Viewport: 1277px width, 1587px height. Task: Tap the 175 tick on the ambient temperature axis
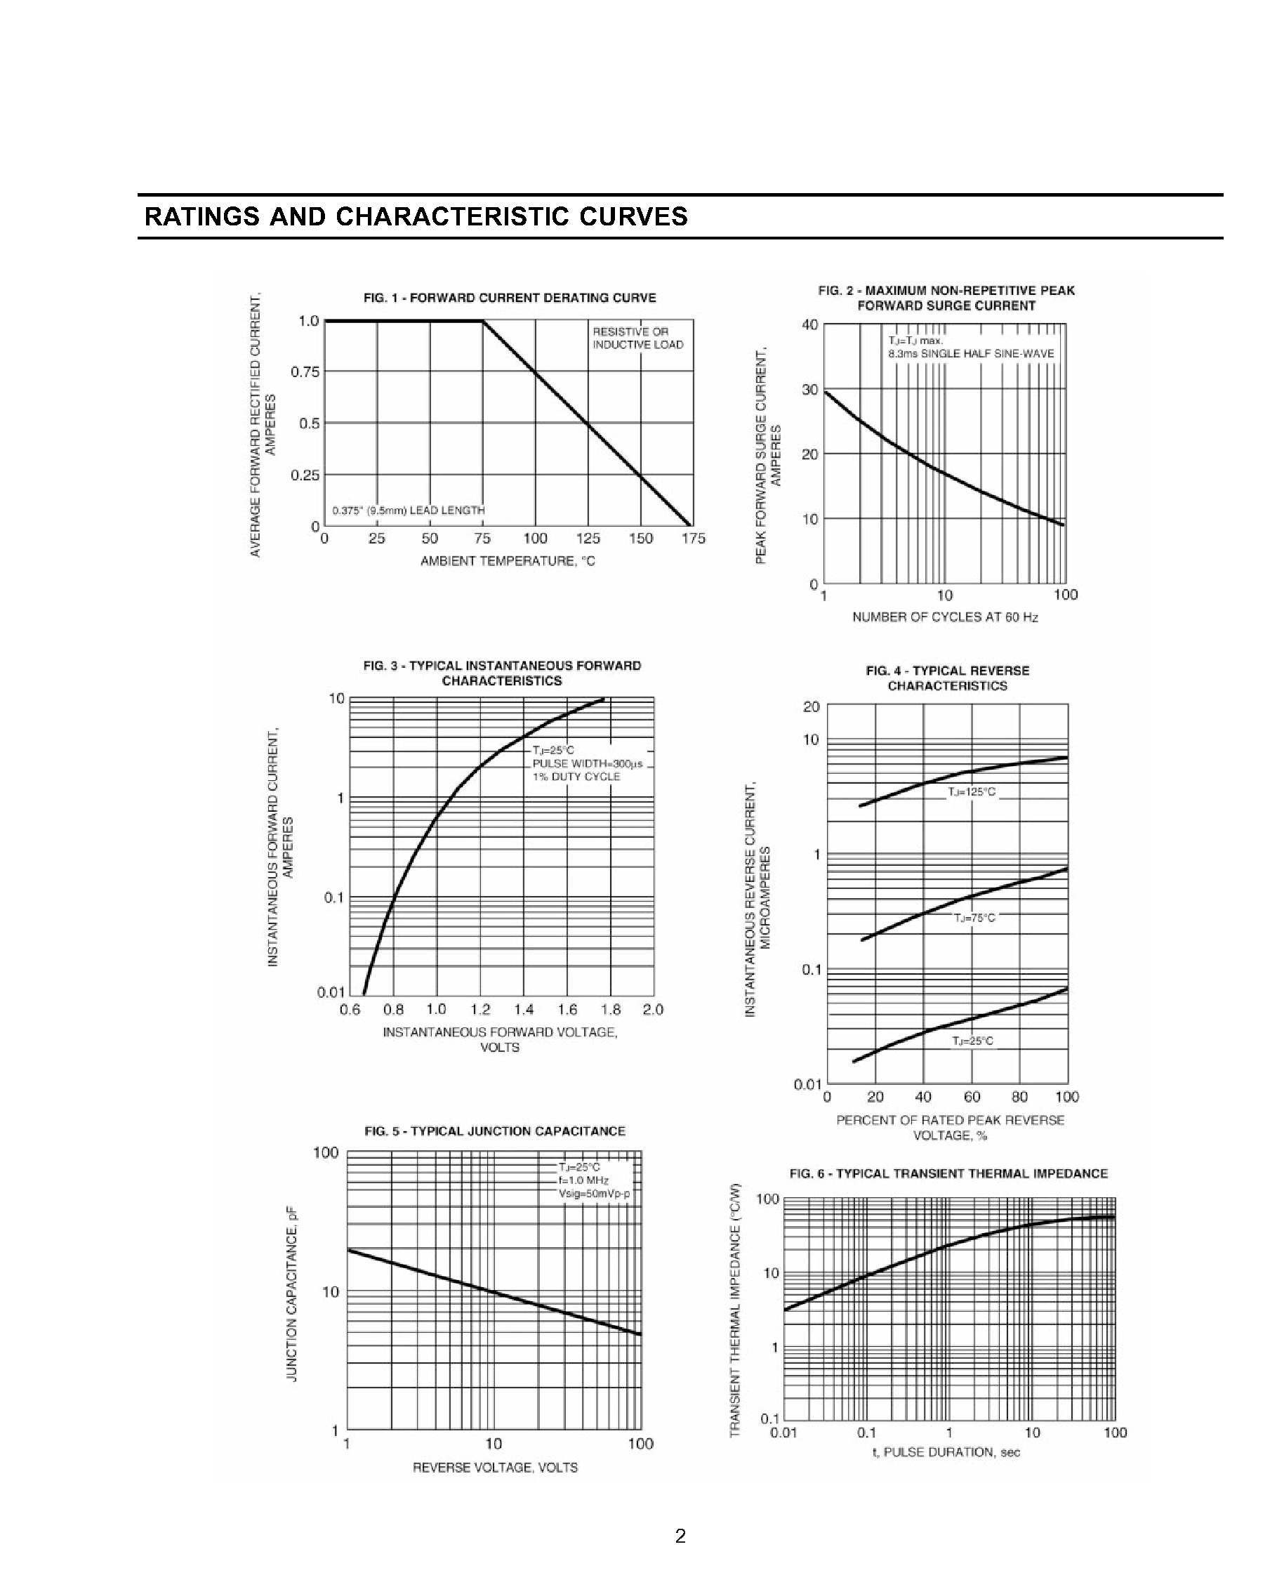(693, 539)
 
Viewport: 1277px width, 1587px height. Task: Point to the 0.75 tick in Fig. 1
(305, 372)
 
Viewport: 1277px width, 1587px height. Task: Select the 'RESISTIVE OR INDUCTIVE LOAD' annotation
(637, 338)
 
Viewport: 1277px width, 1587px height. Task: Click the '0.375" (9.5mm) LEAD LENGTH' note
(408, 510)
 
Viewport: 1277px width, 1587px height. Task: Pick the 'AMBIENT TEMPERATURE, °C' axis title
(507, 561)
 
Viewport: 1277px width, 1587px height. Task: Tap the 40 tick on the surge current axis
(809, 324)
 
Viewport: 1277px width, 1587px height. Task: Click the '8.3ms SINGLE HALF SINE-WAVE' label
(971, 354)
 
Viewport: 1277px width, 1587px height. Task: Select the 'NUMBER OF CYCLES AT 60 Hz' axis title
(945, 617)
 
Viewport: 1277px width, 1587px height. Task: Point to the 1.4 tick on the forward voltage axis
(523, 1009)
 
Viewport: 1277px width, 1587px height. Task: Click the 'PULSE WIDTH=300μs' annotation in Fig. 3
(588, 763)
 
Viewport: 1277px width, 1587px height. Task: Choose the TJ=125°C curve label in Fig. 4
(972, 792)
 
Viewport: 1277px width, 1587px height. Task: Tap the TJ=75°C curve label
(974, 918)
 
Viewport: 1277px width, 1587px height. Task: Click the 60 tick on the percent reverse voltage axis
(972, 1097)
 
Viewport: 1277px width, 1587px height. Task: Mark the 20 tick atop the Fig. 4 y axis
(810, 706)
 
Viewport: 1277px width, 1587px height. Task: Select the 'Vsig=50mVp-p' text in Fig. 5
(594, 1193)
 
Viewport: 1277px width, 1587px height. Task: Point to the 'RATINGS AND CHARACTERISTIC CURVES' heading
(416, 216)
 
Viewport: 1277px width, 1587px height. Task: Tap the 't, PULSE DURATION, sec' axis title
(946, 1452)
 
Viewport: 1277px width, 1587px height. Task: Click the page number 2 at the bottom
(680, 1536)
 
